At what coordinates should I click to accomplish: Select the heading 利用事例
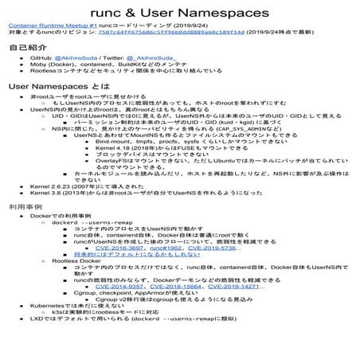pyautogui.click(x=25, y=228)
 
